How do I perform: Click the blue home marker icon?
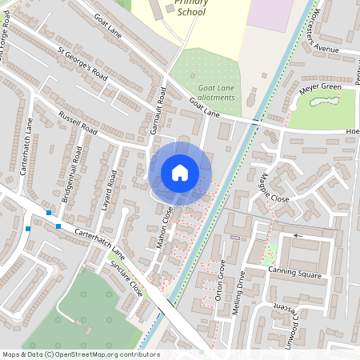180,173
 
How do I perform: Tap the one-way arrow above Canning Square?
298,236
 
